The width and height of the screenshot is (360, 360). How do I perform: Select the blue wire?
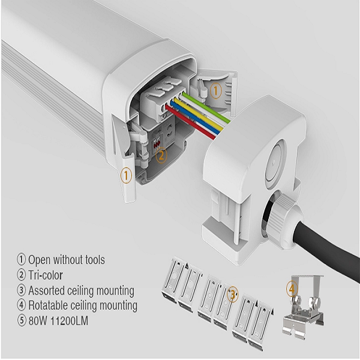201,119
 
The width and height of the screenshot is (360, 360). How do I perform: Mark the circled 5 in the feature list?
21,320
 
